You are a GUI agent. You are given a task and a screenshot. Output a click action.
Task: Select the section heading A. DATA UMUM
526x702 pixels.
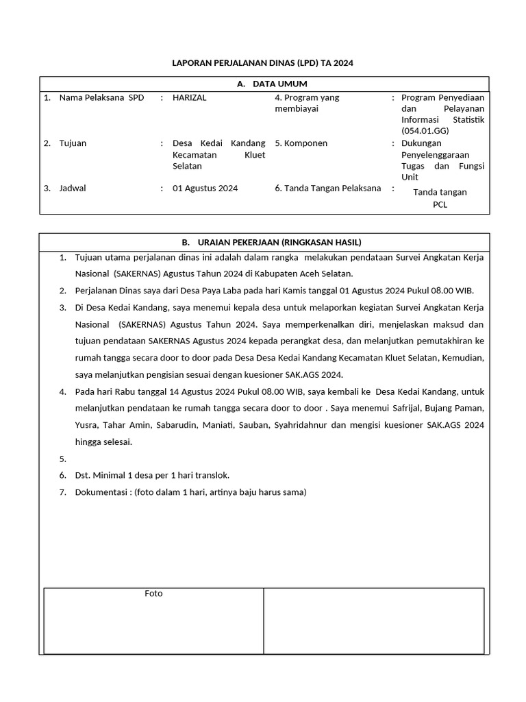pyautogui.click(x=264, y=84)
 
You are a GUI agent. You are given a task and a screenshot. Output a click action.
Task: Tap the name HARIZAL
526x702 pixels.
pyautogui.click(x=189, y=97)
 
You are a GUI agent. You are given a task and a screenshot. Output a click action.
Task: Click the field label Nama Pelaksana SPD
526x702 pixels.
pyautogui.click(x=101, y=97)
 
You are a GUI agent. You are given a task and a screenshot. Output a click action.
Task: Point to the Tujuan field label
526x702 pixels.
pyautogui.click(x=73, y=143)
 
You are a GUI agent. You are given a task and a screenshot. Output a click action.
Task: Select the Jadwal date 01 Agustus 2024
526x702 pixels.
pyautogui.click(x=205, y=188)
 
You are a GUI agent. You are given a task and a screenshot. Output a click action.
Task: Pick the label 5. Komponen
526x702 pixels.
pyautogui.click(x=301, y=143)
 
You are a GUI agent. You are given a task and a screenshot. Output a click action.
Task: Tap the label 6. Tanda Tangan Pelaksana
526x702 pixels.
pyautogui.click(x=327, y=188)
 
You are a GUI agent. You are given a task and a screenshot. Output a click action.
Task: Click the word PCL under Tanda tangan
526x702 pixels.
pyautogui.click(x=440, y=204)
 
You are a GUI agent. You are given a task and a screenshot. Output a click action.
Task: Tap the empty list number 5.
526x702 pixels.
pyautogui.click(x=62, y=459)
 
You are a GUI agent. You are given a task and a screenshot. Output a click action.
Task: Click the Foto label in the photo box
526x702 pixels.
pyautogui.click(x=153, y=594)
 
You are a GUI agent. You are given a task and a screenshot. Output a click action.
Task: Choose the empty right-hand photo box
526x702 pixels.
pyautogui.click(x=374, y=620)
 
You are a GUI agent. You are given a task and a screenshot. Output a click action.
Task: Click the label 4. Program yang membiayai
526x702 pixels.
pyautogui.click(x=307, y=103)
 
